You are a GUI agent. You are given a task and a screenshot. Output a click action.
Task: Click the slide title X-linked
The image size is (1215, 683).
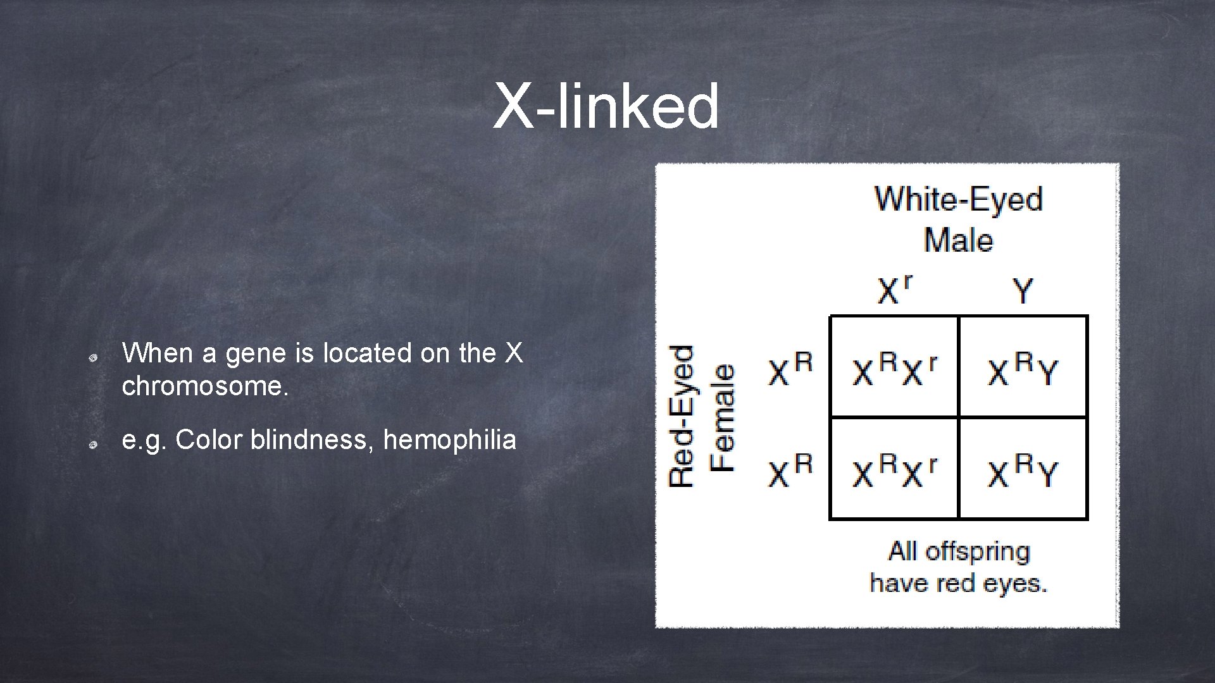606,106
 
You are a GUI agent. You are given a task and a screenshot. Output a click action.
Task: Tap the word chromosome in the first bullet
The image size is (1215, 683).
205,386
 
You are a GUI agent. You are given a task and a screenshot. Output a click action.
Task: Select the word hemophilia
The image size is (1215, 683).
449,440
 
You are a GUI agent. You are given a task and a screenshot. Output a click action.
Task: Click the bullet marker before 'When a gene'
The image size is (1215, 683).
92,359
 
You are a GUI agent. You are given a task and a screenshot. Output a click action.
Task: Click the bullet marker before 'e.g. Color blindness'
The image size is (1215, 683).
92,445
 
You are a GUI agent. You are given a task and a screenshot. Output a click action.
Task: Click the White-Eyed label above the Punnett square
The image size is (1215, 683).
958,199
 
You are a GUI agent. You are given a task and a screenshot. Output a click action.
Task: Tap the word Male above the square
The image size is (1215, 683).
958,241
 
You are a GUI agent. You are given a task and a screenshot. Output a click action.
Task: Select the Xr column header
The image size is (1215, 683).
894,290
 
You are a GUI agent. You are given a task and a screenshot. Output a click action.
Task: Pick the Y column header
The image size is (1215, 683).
1023,292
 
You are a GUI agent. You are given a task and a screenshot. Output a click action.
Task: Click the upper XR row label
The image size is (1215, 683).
790,370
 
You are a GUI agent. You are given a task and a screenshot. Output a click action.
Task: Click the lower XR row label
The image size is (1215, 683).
790,471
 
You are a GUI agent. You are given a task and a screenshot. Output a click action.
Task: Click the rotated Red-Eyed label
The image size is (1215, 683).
682,416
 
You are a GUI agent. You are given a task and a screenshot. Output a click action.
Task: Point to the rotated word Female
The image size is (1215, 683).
723,417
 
